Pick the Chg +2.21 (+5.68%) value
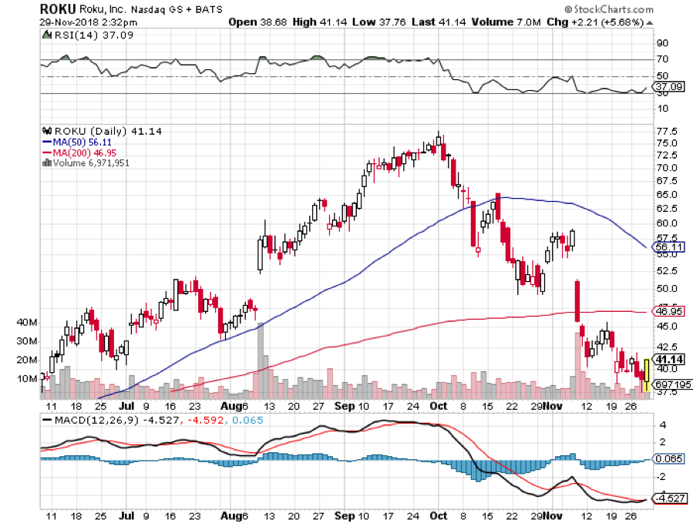[612, 22]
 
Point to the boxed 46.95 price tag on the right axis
[666, 310]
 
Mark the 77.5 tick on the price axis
[666, 131]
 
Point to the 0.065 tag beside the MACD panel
[668, 458]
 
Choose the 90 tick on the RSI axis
[661, 44]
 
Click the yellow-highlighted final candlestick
[645, 375]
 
